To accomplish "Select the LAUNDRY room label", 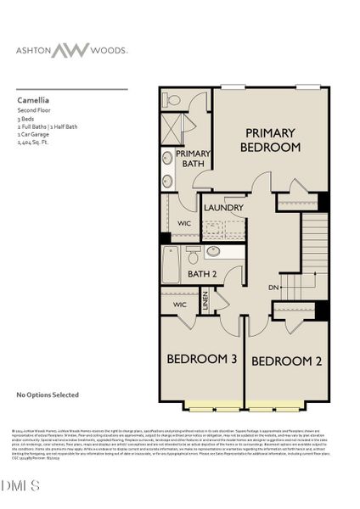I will (x=224, y=208).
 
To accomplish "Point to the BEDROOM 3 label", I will (x=201, y=360).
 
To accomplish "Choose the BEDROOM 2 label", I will (x=286, y=361).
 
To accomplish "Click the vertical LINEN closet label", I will (x=205, y=301).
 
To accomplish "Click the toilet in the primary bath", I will (x=172, y=99).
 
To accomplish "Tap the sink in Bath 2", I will (x=213, y=251).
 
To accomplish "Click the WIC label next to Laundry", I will (x=183, y=223).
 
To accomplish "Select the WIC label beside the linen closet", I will (x=179, y=304).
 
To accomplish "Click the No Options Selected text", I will (x=48, y=394).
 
